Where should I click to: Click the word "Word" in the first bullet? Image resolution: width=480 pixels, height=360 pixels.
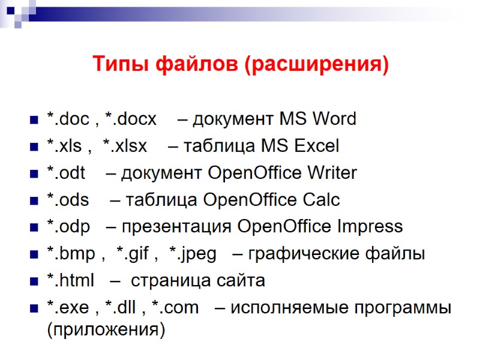[334, 119]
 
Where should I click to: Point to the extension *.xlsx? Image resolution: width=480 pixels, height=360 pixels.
[125, 146]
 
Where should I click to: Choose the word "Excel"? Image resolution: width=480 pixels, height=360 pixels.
[317, 146]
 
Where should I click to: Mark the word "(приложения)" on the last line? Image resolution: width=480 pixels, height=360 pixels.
[105, 329]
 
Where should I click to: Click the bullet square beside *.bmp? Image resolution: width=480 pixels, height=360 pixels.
[32, 255]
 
